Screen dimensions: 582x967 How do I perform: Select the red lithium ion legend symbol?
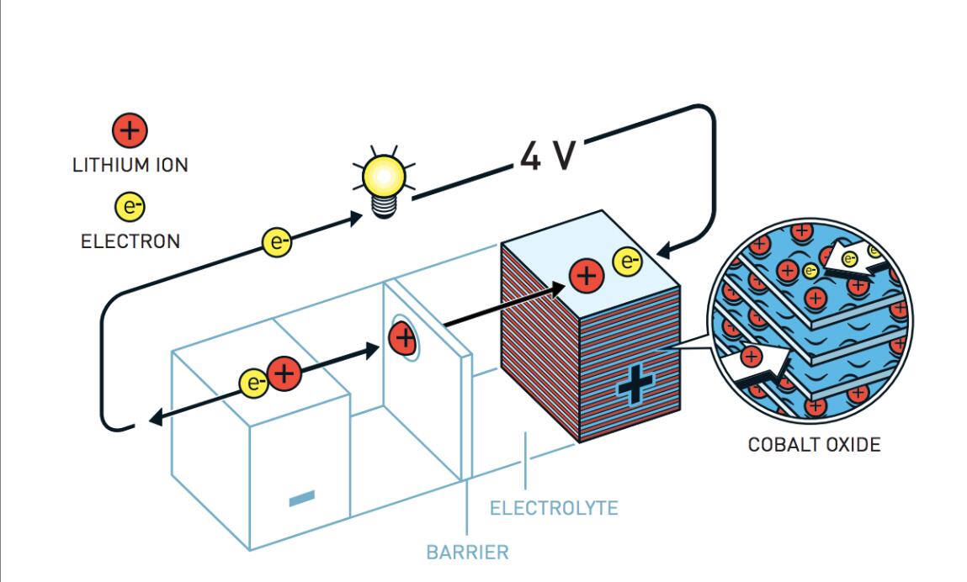click(x=130, y=130)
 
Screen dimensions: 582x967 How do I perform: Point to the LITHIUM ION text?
click(x=130, y=165)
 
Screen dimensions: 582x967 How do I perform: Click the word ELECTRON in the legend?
click(x=130, y=241)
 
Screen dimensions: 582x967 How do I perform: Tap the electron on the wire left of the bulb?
click(x=277, y=242)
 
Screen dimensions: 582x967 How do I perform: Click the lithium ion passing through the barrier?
click(x=403, y=339)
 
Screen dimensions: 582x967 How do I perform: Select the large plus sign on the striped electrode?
click(x=635, y=388)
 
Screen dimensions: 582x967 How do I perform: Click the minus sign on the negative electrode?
click(x=301, y=499)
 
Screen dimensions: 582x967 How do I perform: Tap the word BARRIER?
click(x=467, y=553)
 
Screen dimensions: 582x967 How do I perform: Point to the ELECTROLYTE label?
click(x=554, y=508)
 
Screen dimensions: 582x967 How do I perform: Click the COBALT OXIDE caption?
click(x=814, y=445)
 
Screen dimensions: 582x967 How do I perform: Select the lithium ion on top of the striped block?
click(x=587, y=276)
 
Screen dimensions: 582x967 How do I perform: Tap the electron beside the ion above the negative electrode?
click(x=253, y=383)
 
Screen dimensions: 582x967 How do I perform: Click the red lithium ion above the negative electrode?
click(x=284, y=373)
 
